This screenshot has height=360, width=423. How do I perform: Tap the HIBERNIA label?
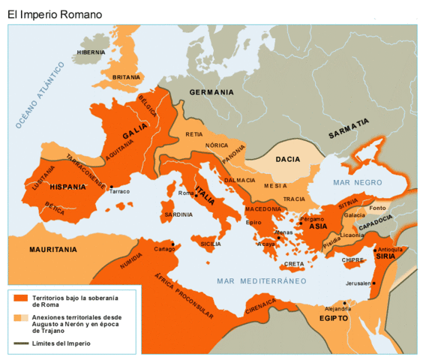91,52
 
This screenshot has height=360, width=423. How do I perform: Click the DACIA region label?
288,159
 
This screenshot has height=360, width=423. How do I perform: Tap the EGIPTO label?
333,318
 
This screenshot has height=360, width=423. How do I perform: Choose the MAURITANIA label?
53,248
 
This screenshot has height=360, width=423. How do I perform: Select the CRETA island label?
294,264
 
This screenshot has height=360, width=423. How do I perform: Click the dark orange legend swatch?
19,298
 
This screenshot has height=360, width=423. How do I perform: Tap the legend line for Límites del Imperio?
19,343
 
